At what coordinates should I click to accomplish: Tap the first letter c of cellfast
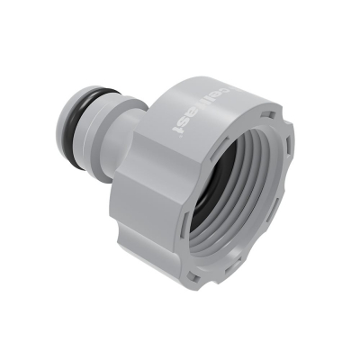pos(202,100)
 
